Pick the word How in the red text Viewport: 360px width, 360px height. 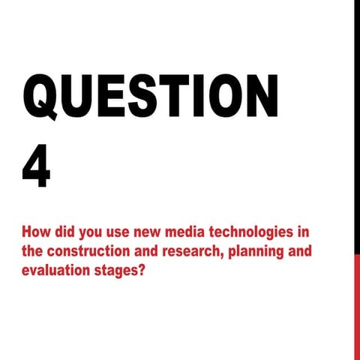pyautogui.click(x=37, y=230)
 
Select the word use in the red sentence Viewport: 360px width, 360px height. pyautogui.click(x=104, y=230)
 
